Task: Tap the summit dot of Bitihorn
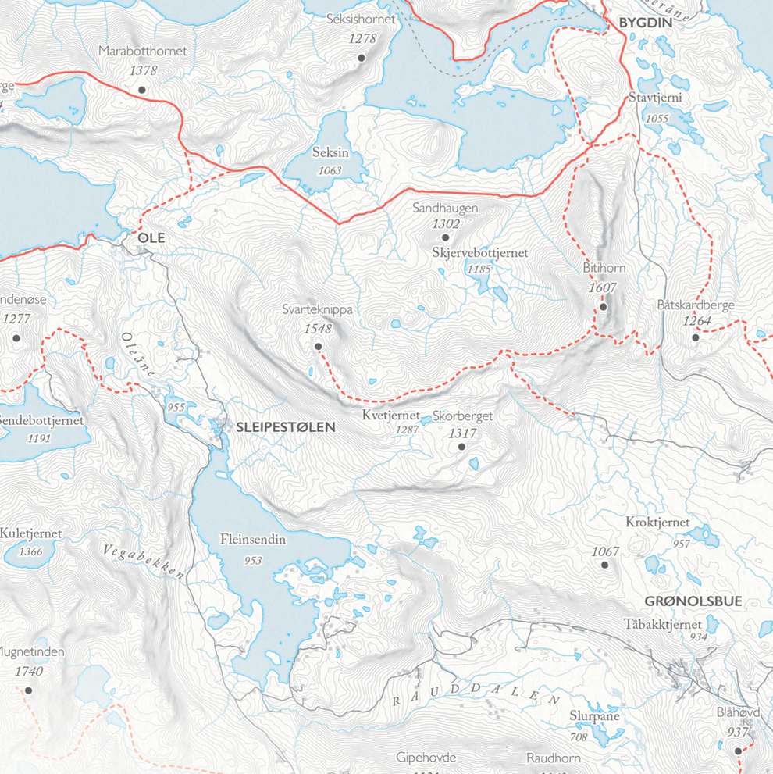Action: [604, 307]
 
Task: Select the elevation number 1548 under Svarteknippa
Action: [318, 329]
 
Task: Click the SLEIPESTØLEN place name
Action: [285, 427]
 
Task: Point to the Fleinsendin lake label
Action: [252, 540]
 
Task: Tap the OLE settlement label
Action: [151, 237]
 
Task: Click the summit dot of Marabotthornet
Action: [142, 90]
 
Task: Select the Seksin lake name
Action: [330, 153]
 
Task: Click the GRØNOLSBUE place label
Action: [693, 601]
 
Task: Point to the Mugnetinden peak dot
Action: [29, 690]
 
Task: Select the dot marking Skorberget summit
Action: [461, 447]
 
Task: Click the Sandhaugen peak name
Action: [445, 209]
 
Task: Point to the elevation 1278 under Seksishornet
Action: [362, 38]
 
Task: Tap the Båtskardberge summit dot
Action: [696, 338]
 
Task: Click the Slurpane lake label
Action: [594, 716]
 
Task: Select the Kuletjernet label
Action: [30, 533]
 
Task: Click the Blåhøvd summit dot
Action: [739, 751]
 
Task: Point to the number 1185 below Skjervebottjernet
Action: [479, 269]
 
